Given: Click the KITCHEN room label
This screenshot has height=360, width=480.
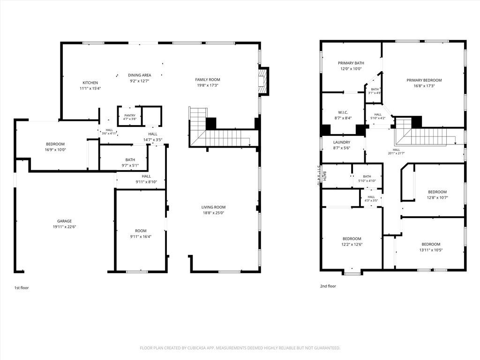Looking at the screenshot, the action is click(90, 82).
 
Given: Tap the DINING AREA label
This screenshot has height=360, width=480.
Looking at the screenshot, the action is click(139, 75).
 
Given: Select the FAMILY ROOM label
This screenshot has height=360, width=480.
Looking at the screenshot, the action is click(208, 80).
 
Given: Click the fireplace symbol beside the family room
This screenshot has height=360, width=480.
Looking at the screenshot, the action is click(263, 81).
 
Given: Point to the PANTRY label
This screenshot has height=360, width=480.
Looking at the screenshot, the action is click(130, 115).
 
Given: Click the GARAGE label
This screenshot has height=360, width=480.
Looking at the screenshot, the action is click(64, 221).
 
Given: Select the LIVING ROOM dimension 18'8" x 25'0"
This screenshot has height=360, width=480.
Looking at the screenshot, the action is click(213, 213).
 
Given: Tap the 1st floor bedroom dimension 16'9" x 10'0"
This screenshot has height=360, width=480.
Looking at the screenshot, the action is click(55, 150).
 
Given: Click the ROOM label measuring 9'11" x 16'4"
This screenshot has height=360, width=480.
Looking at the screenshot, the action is click(141, 231).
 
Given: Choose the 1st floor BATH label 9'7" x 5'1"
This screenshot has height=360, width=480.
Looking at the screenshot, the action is click(130, 160).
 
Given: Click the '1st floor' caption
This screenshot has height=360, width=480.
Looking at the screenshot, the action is click(22, 288).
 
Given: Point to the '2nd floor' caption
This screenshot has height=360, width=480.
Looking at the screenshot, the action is click(328, 286).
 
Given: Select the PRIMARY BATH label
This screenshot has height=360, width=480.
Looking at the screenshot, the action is click(351, 63).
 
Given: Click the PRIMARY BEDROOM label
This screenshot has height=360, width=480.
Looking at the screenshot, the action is click(424, 80).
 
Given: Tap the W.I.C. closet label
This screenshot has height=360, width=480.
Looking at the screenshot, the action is click(343, 112).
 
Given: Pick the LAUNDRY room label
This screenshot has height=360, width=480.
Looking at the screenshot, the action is click(342, 142).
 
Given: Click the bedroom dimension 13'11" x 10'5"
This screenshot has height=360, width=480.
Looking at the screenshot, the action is click(431, 250).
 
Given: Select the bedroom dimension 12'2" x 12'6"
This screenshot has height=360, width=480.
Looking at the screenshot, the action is click(352, 244).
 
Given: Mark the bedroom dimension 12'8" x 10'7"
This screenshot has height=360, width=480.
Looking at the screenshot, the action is click(437, 197).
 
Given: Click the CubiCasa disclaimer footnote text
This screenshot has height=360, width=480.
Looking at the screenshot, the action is click(240, 348).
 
